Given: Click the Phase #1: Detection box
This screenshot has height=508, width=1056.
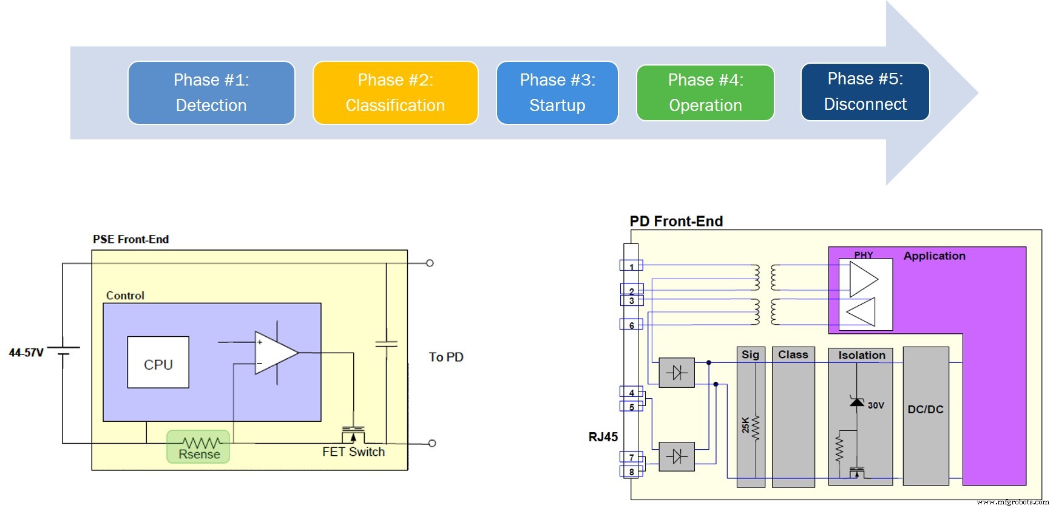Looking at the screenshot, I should pyautogui.click(x=211, y=93).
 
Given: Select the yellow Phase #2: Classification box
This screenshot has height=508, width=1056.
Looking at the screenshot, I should pyautogui.click(x=395, y=93).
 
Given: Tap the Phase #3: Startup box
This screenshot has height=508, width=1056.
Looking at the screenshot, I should pyautogui.click(x=557, y=93).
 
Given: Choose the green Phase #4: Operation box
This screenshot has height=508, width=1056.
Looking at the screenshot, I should pyautogui.click(x=705, y=93).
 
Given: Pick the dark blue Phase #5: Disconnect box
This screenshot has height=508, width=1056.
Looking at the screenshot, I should pyautogui.click(x=865, y=92).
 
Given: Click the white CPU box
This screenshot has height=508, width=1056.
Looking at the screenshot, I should pyautogui.click(x=158, y=362).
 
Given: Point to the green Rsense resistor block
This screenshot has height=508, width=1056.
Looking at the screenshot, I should pyautogui.click(x=198, y=447).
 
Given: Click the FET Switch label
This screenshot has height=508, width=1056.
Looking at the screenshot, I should pyautogui.click(x=353, y=452).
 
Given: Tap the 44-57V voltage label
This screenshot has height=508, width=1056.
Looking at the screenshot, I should pyautogui.click(x=26, y=353).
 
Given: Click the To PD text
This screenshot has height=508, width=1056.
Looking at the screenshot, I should pyautogui.click(x=446, y=357).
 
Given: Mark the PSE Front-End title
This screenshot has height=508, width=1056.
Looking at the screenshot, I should pyautogui.click(x=130, y=240).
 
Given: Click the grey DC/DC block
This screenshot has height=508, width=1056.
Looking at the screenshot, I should pyautogui.click(x=926, y=410).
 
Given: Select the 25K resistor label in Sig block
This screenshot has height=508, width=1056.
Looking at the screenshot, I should pyautogui.click(x=746, y=424).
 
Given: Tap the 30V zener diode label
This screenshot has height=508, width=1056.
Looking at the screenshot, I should pyautogui.click(x=876, y=405).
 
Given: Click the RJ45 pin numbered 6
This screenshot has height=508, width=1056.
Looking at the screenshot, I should pyautogui.click(x=631, y=325).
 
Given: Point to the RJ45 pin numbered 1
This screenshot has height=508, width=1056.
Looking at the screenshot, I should pyautogui.click(x=631, y=266).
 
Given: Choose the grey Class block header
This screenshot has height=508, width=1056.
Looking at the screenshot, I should pyautogui.click(x=793, y=355).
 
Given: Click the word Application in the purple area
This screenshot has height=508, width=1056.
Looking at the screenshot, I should pyautogui.click(x=934, y=256).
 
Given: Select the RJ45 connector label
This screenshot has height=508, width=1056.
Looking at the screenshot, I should pyautogui.click(x=603, y=437).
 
